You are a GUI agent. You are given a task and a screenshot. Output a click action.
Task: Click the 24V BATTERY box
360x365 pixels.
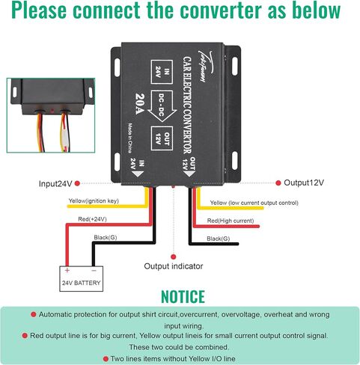coord(81,278)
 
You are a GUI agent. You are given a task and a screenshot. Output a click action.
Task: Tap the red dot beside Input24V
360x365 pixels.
coord(77,183)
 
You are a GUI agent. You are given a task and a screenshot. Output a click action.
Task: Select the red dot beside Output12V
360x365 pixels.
coord(278,182)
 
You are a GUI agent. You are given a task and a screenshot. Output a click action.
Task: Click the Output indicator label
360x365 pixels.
coord(174,266)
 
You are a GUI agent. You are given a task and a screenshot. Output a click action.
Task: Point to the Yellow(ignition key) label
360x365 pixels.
coord(94,201)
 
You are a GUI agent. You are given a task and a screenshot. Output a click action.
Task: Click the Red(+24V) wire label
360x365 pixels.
coord(92,219)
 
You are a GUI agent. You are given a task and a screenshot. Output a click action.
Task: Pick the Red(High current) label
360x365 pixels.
coord(231,221)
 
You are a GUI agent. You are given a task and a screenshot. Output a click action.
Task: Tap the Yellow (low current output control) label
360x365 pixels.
coord(254,203)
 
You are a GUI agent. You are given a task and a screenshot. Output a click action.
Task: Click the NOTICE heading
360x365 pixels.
coord(183,297)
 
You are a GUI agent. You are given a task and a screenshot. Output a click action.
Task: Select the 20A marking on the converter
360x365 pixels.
coord(140,104)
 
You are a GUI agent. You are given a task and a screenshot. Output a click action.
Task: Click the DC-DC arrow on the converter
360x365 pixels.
coord(162,106)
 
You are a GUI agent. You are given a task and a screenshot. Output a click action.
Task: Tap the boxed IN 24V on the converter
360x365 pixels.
coord(162,72)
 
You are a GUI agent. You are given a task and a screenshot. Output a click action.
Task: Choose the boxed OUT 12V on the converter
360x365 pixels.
coord(162,138)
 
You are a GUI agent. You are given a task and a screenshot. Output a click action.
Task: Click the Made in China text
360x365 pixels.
coord(130,138)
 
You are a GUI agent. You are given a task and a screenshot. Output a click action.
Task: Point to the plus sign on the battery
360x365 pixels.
coord(67,270)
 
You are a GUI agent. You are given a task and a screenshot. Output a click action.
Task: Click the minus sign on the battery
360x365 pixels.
coord(94,271)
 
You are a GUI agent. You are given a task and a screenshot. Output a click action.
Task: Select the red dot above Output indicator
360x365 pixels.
coord(174,257)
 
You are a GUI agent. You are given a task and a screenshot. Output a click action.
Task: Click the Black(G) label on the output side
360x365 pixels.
coord(218,239)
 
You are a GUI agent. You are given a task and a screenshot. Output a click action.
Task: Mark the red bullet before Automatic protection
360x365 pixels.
coord(33,315)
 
